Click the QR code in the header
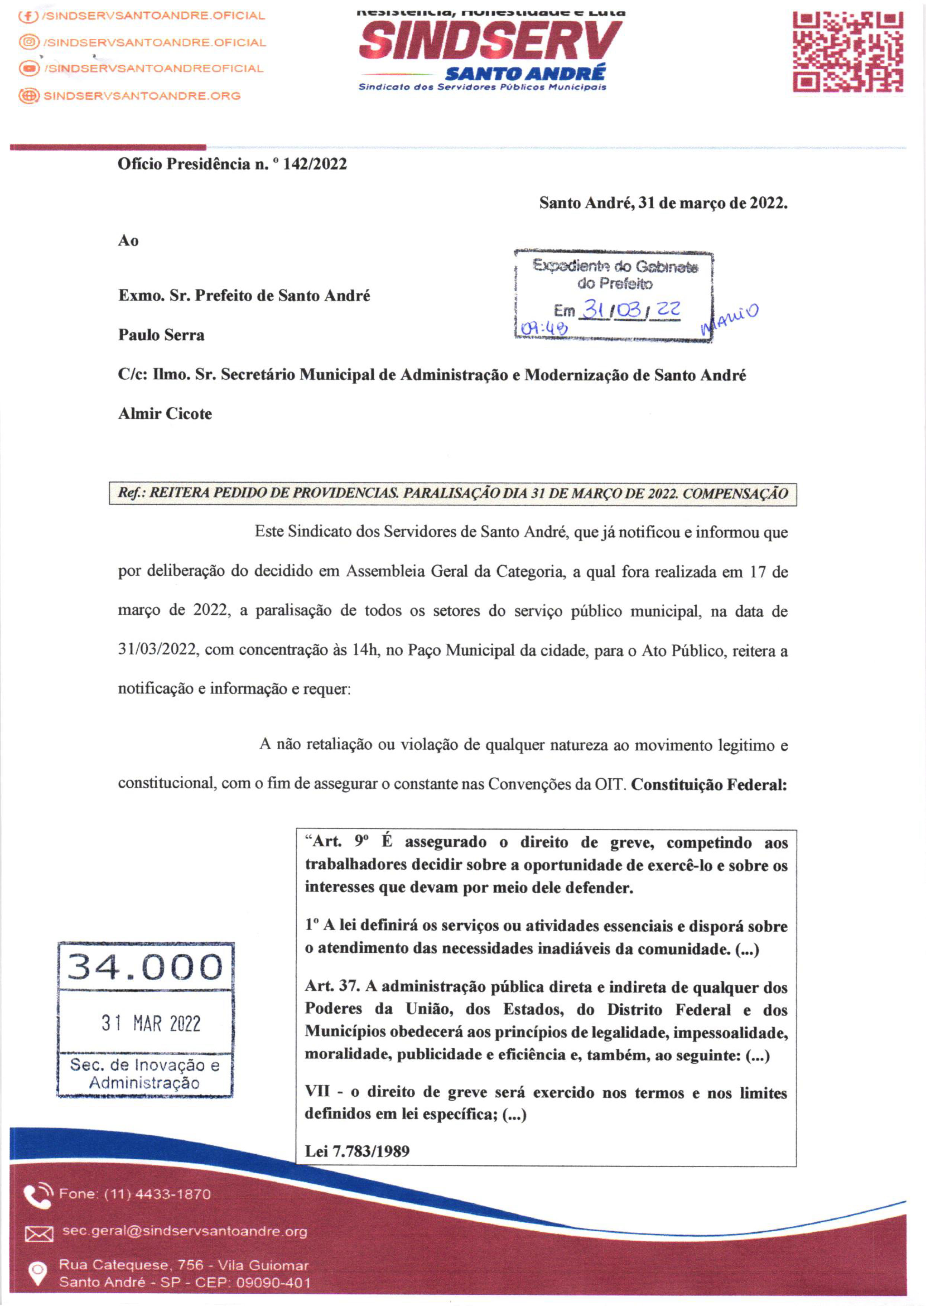(848, 53)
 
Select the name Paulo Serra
(161, 335)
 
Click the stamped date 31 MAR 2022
(151, 1023)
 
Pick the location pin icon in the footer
(38, 1273)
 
